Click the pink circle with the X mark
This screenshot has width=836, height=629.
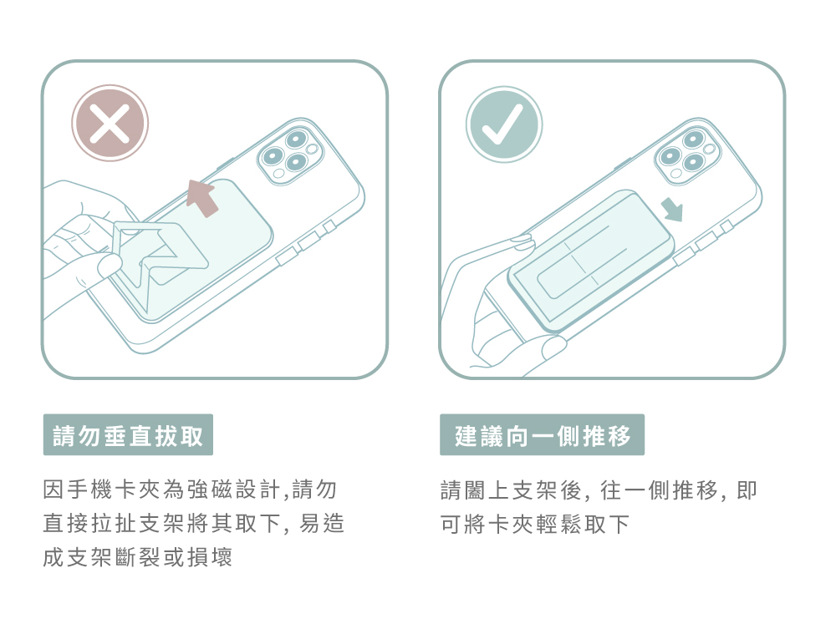point(110,123)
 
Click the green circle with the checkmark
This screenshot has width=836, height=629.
point(504,124)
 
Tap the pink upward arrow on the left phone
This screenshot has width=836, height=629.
point(201,198)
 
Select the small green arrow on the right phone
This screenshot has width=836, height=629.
point(672,210)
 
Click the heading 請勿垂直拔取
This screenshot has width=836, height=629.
point(128,434)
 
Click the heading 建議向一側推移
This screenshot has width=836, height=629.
point(543,434)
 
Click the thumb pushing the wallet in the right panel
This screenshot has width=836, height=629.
point(554,345)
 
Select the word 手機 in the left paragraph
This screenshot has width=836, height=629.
point(90,490)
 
